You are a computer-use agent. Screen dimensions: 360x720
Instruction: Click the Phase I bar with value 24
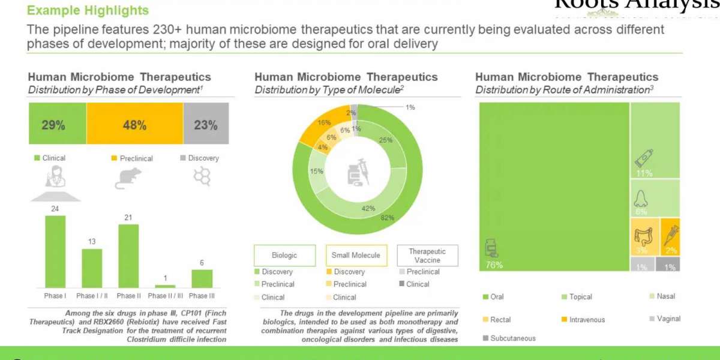[x=55, y=252]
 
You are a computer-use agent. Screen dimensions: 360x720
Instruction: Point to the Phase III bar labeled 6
[x=202, y=279]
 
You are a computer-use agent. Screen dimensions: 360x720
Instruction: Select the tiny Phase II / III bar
[x=165, y=286]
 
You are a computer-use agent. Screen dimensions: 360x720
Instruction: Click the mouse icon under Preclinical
[x=127, y=178]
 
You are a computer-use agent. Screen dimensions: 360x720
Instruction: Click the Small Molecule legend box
[x=356, y=255]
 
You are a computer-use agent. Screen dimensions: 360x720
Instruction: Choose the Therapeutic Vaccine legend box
[x=427, y=256]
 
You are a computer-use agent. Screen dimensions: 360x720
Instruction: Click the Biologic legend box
[x=284, y=255]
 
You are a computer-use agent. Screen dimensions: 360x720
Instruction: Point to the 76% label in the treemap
[x=494, y=265]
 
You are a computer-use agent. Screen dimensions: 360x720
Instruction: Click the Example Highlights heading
[x=88, y=10]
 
